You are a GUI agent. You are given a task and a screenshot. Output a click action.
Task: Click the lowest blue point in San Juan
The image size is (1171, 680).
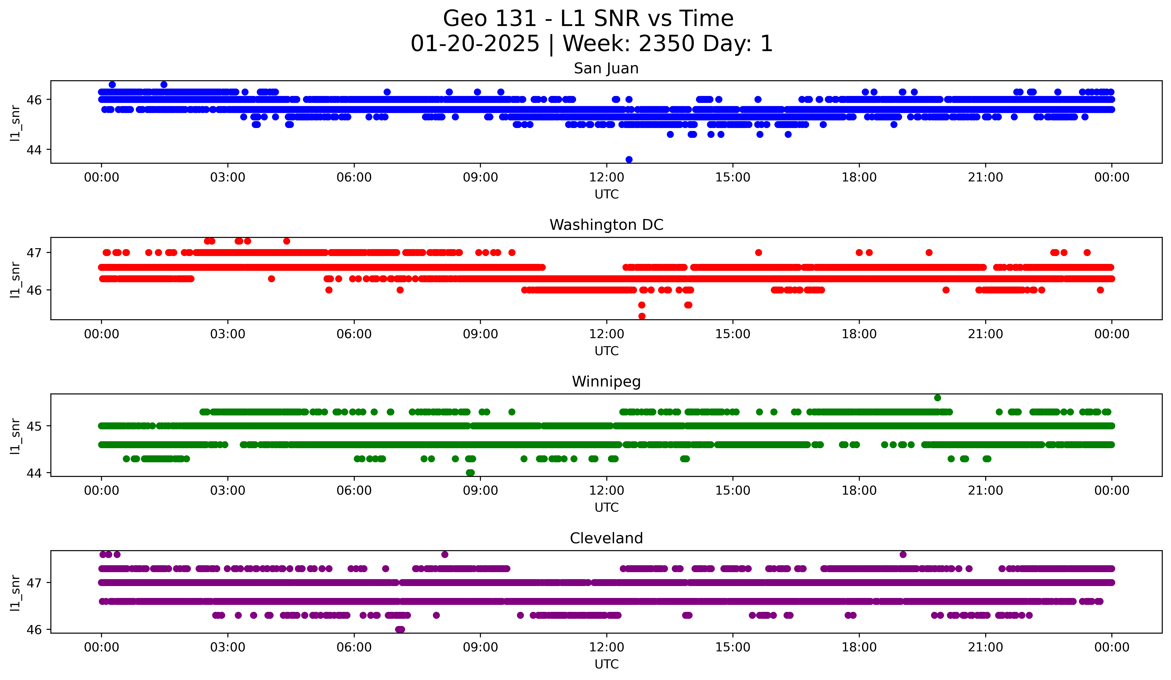[629, 159]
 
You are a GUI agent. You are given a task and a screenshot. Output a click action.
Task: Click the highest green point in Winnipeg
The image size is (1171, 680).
[937, 398]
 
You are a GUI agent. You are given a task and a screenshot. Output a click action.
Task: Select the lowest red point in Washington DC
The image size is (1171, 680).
[642, 316]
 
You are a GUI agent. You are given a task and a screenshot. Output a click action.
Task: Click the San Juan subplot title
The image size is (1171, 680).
[606, 68]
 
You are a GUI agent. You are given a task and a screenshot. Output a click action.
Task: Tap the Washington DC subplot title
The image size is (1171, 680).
[606, 225]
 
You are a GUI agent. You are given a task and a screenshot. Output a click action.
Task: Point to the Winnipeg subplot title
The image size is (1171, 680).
[606, 382]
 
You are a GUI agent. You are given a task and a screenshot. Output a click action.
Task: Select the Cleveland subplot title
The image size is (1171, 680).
[606, 538]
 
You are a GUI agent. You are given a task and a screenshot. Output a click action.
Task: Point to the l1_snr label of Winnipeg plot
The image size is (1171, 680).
[15, 436]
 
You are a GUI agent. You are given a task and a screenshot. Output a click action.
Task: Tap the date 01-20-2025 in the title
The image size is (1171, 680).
[475, 44]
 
